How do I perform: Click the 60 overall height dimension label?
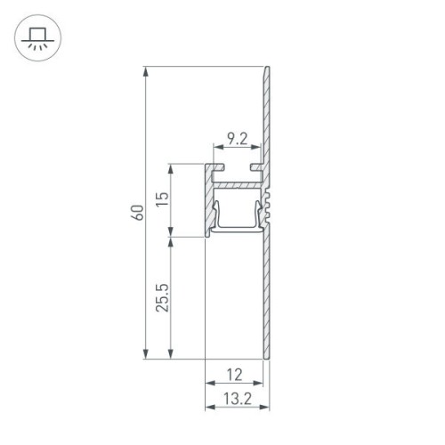click(x=136, y=214)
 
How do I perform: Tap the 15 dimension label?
click(x=161, y=200)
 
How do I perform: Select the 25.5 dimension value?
click(x=161, y=298)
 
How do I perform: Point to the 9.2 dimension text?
click(x=236, y=138)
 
